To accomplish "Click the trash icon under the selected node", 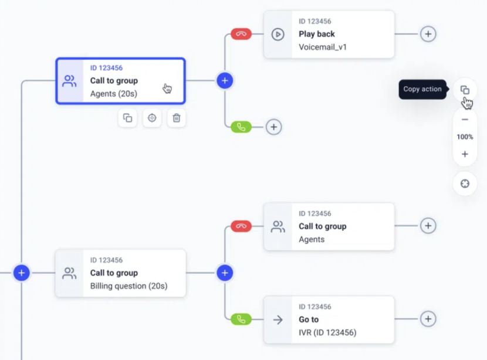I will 176,118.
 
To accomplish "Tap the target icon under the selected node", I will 152,118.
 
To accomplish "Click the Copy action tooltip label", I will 422,90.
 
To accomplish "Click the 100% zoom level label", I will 465,137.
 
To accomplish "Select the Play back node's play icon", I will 278,34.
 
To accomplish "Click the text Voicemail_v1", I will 323,47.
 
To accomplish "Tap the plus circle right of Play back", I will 428,34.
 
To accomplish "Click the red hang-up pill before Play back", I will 241,34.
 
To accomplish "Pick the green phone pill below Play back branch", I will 241,127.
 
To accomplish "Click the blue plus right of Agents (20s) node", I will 225,80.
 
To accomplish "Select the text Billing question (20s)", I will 128,286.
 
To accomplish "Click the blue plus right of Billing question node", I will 225,273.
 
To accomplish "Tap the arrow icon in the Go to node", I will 278,320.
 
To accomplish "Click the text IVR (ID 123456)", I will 327,333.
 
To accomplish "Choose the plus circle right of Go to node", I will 428,319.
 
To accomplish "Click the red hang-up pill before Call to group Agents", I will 241,226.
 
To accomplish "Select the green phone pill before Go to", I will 241,320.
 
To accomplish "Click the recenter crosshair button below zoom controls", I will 465,184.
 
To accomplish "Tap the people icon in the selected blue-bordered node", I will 70,81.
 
